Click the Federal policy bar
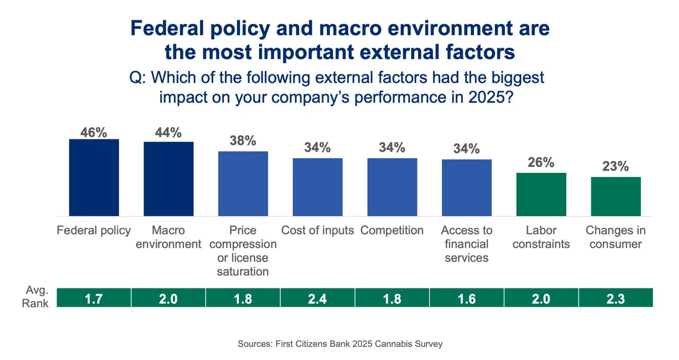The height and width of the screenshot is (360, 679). point(94,178)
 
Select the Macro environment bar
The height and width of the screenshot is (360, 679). point(169,179)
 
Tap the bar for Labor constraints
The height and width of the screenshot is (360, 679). point(541,194)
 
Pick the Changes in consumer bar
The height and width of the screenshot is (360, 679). point(615,196)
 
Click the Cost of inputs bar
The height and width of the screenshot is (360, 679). point(317,187)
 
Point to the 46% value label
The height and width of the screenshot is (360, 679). point(94,132)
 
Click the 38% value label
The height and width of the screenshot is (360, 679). point(243,141)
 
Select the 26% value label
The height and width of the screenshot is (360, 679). point(541,162)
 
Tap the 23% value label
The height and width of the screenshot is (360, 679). point(615,166)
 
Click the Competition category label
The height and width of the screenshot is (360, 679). point(392,231)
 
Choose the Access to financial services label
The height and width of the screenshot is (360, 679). point(466,244)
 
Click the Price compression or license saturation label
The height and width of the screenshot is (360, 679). point(243,251)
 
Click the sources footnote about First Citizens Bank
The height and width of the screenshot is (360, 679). point(340,344)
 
